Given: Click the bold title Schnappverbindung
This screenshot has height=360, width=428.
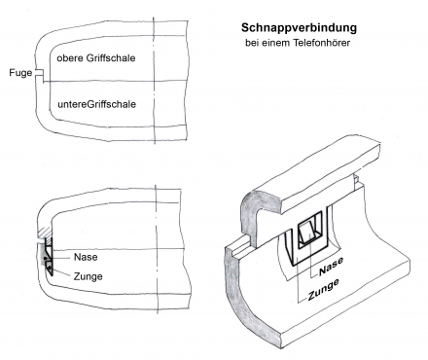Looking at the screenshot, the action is point(299,28).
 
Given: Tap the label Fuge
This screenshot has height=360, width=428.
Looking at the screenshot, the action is point(20,73).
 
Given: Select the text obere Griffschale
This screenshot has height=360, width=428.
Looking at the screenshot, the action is point(96,58).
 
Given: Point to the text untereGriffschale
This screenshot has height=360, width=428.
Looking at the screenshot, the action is point(96,104).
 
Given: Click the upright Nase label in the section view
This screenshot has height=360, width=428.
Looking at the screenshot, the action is point(86,257).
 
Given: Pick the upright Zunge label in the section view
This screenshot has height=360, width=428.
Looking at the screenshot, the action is point(88,276).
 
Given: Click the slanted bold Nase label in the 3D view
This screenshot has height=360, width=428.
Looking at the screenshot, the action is point(331,267).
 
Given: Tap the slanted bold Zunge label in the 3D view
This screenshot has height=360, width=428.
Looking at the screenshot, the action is point(323,290).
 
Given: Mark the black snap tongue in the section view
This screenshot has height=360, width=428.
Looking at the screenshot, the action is point(49,256).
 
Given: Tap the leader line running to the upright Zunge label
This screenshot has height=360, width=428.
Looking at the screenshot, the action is point(61,272).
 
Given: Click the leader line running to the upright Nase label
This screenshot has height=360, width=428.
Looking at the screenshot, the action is point(60,258).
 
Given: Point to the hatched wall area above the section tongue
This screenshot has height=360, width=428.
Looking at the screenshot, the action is point(45,233).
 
